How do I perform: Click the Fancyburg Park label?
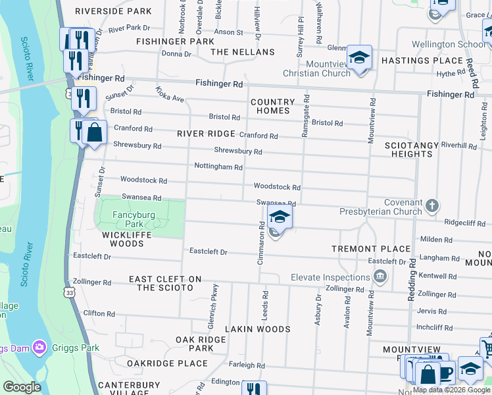[x=132, y=219]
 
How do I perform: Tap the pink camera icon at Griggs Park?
[x=39, y=346]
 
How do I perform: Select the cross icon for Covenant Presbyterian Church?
[x=431, y=205]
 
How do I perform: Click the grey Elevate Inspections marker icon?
[x=380, y=278]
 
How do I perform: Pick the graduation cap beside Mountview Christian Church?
[x=359, y=57]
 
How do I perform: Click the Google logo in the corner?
[x=22, y=387]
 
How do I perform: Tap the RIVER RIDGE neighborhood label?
[x=206, y=134]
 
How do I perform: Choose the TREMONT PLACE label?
[x=371, y=249]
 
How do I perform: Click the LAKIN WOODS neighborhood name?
[x=258, y=329]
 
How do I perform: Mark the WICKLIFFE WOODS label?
[x=123, y=239]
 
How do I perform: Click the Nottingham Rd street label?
[x=218, y=167]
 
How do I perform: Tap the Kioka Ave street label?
[x=170, y=94]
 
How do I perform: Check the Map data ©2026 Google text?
[x=451, y=390]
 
